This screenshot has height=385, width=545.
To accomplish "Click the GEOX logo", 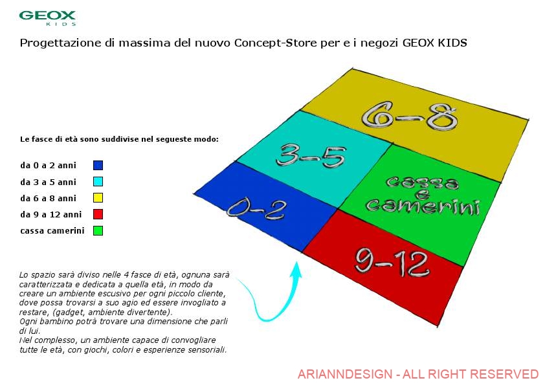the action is pos(47,18).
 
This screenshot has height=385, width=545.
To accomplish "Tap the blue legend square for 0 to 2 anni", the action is pos(98,165).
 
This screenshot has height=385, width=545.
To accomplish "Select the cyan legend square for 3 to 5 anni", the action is pos(98,181).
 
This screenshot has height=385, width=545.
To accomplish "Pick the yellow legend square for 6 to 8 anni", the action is pos(98,198).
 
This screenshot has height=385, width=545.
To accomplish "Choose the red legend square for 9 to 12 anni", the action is pos(98,214).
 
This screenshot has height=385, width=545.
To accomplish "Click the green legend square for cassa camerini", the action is pos(98,230).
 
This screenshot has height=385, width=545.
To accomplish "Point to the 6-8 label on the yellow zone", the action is pos(410,116).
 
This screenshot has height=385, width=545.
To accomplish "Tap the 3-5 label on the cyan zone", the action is pos(311,156).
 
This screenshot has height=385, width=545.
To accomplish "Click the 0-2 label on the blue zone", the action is pos(256,209).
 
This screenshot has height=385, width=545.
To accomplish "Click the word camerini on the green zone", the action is pos(423,206).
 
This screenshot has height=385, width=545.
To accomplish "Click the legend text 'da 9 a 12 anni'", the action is pos(50,214).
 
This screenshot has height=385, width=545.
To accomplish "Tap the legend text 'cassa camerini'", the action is pos(52,231).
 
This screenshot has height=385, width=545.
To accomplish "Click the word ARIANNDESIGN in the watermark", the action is pos(345,374).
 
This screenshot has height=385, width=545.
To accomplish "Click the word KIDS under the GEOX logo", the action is pos(61,24).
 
